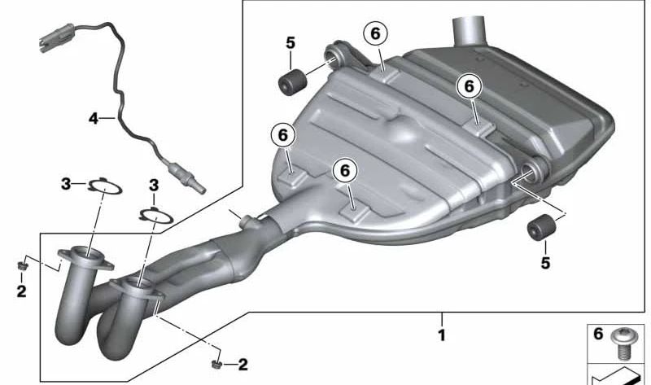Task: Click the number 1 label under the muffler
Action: [x=442, y=335]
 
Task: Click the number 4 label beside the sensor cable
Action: [x=94, y=119]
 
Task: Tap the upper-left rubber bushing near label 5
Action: [x=291, y=82]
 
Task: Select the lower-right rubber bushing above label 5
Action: [x=541, y=228]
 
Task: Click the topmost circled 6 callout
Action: [x=375, y=33]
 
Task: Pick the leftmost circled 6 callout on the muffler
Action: [x=282, y=135]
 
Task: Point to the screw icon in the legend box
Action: [x=622, y=343]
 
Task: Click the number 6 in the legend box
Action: [x=598, y=334]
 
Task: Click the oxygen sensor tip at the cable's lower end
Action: [x=188, y=177]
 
